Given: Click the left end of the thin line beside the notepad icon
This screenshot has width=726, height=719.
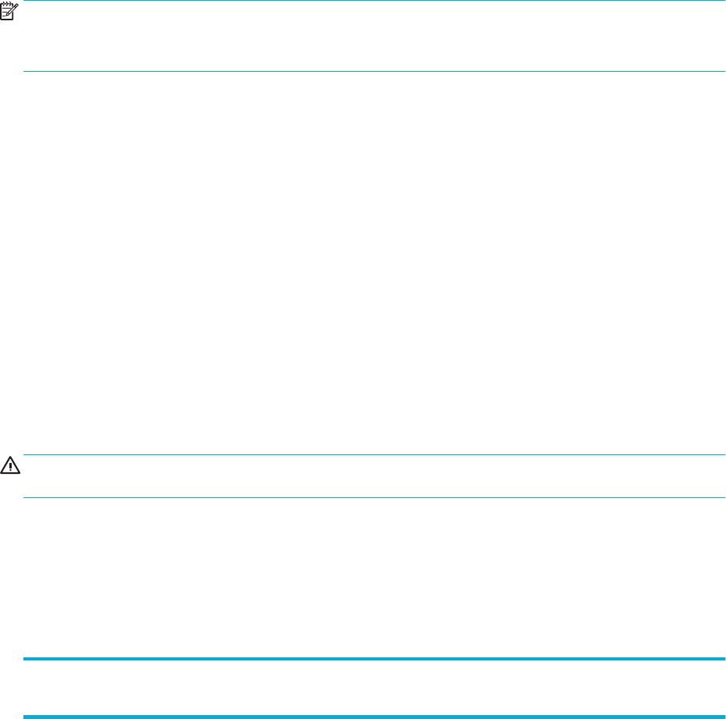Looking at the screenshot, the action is pyautogui.click(x=24, y=2).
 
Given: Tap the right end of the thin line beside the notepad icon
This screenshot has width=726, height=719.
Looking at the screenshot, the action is pyautogui.click(x=725, y=2).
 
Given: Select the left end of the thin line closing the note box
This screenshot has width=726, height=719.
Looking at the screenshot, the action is pyautogui.click(x=24, y=72).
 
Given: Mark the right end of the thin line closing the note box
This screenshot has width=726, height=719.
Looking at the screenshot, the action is pyautogui.click(x=725, y=72).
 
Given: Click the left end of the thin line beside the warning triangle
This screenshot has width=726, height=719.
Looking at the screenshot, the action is pyautogui.click(x=24, y=455).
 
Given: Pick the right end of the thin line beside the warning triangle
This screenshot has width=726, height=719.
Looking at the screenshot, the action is pyautogui.click(x=725, y=455).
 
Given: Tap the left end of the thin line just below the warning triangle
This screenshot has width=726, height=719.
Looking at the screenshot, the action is pyautogui.click(x=24, y=497).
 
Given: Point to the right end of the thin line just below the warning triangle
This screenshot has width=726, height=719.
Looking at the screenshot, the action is pyautogui.click(x=725, y=497).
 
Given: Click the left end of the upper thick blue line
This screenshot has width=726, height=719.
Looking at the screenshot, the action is pyautogui.click(x=24, y=660).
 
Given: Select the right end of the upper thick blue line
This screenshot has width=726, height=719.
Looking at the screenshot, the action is pyautogui.click(x=725, y=660).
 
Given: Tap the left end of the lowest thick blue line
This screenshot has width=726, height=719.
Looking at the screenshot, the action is pyautogui.click(x=24, y=717).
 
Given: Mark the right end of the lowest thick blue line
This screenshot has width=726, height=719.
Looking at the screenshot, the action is pyautogui.click(x=725, y=717).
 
